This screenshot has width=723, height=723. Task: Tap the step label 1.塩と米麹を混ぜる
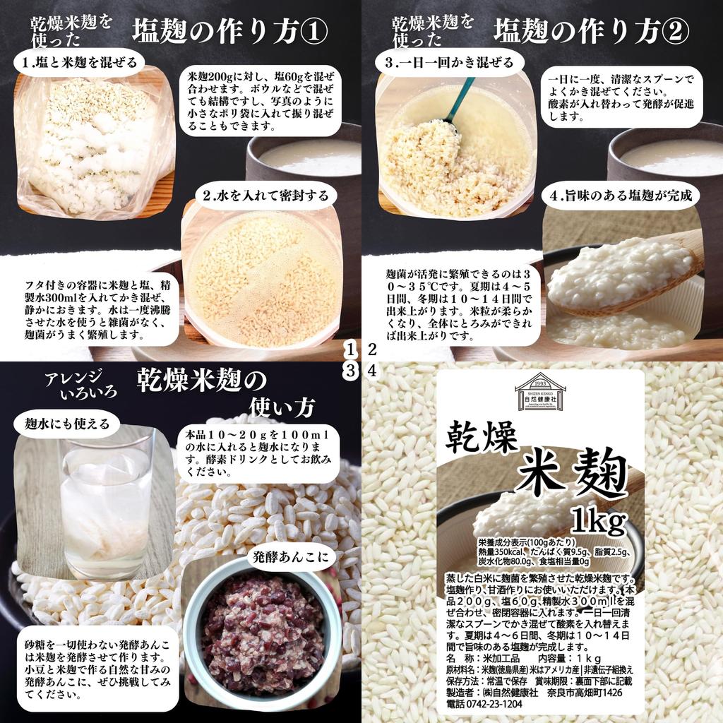(78, 63)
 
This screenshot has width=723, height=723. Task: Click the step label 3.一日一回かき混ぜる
(449, 63)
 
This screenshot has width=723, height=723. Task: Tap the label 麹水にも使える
(68, 424)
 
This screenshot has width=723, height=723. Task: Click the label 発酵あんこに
(290, 557)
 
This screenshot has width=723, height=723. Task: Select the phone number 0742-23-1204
(485, 704)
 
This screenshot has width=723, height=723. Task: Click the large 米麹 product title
(573, 474)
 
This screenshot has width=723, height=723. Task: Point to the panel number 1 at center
(351, 349)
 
